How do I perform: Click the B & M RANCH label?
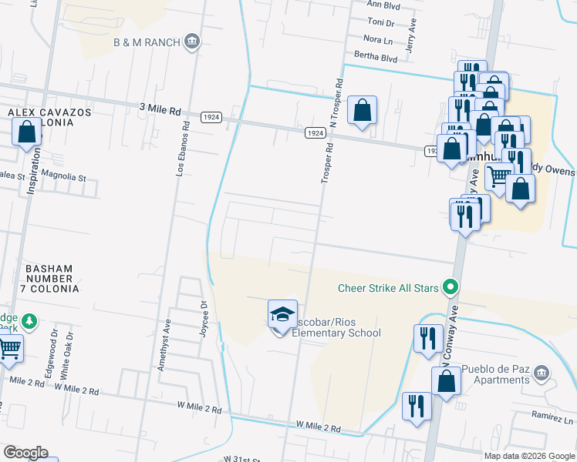click(x=147, y=42)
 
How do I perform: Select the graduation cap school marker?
click(x=282, y=314)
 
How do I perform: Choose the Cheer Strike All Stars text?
click(x=388, y=289)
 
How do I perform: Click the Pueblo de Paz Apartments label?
click(x=502, y=374)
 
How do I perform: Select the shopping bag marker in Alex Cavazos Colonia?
click(x=27, y=132)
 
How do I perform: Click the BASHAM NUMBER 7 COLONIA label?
click(x=49, y=279)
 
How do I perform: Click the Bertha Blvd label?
click(x=376, y=56)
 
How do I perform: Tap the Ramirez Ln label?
click(x=552, y=414)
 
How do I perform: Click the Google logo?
click(x=25, y=453)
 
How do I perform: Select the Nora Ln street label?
click(x=377, y=39)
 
